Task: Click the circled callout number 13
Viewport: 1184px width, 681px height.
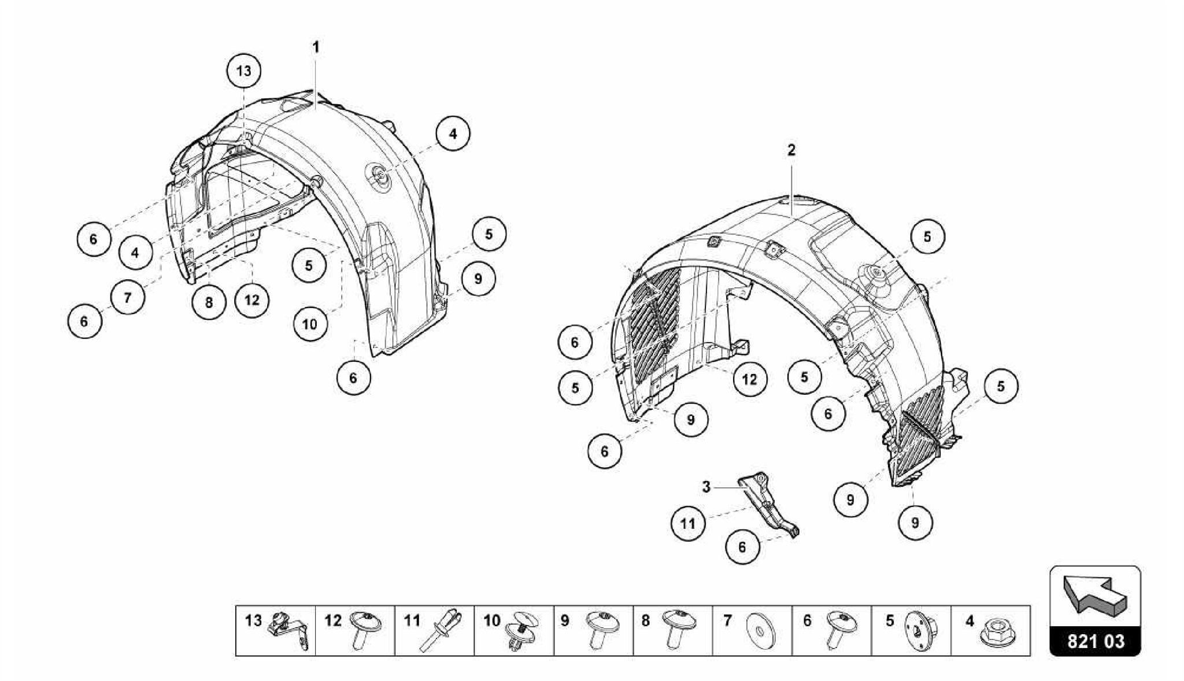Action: tap(243, 71)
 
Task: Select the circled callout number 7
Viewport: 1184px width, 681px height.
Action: tap(127, 298)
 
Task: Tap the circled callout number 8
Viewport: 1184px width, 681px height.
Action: tap(209, 302)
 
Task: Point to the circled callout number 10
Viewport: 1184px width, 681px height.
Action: tap(310, 324)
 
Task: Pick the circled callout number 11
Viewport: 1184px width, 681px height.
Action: tap(688, 524)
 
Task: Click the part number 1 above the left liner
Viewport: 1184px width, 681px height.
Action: tap(316, 47)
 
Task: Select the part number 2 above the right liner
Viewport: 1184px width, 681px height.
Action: tap(791, 150)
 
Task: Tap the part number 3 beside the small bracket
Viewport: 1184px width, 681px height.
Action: tap(706, 487)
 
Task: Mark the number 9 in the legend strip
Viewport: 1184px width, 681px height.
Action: tap(565, 621)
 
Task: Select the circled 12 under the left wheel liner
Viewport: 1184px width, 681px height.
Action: tap(251, 300)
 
